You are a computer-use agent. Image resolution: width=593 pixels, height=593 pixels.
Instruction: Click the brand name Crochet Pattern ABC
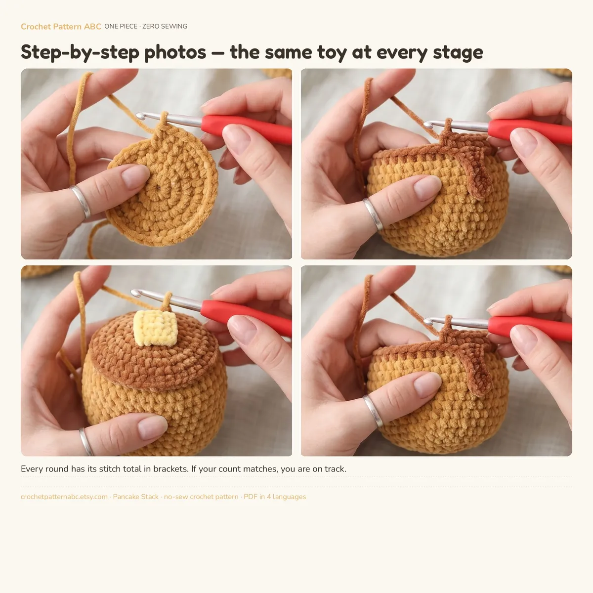[x=61, y=27]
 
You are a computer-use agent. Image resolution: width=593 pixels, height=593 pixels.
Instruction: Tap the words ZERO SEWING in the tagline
[x=165, y=27]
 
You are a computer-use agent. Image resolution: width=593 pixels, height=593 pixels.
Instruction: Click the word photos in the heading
[x=175, y=52]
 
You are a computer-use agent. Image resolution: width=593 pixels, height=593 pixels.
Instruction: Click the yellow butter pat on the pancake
[x=155, y=328]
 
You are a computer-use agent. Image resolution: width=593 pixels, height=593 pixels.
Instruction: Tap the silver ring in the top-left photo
[x=81, y=202]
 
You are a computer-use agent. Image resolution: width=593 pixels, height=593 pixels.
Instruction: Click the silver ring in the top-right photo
[x=373, y=214]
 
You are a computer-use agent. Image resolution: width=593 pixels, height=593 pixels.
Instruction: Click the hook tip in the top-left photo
[x=140, y=116]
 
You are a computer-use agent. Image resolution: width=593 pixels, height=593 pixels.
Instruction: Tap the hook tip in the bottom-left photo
[x=135, y=293]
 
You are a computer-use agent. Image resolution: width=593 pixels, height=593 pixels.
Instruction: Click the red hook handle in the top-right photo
[x=530, y=132]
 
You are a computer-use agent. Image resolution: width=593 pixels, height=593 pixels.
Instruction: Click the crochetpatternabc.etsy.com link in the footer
[x=64, y=497]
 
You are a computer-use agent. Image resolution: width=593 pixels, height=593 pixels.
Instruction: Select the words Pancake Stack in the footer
[x=136, y=497]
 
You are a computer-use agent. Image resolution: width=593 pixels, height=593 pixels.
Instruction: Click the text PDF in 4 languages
[x=275, y=497]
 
